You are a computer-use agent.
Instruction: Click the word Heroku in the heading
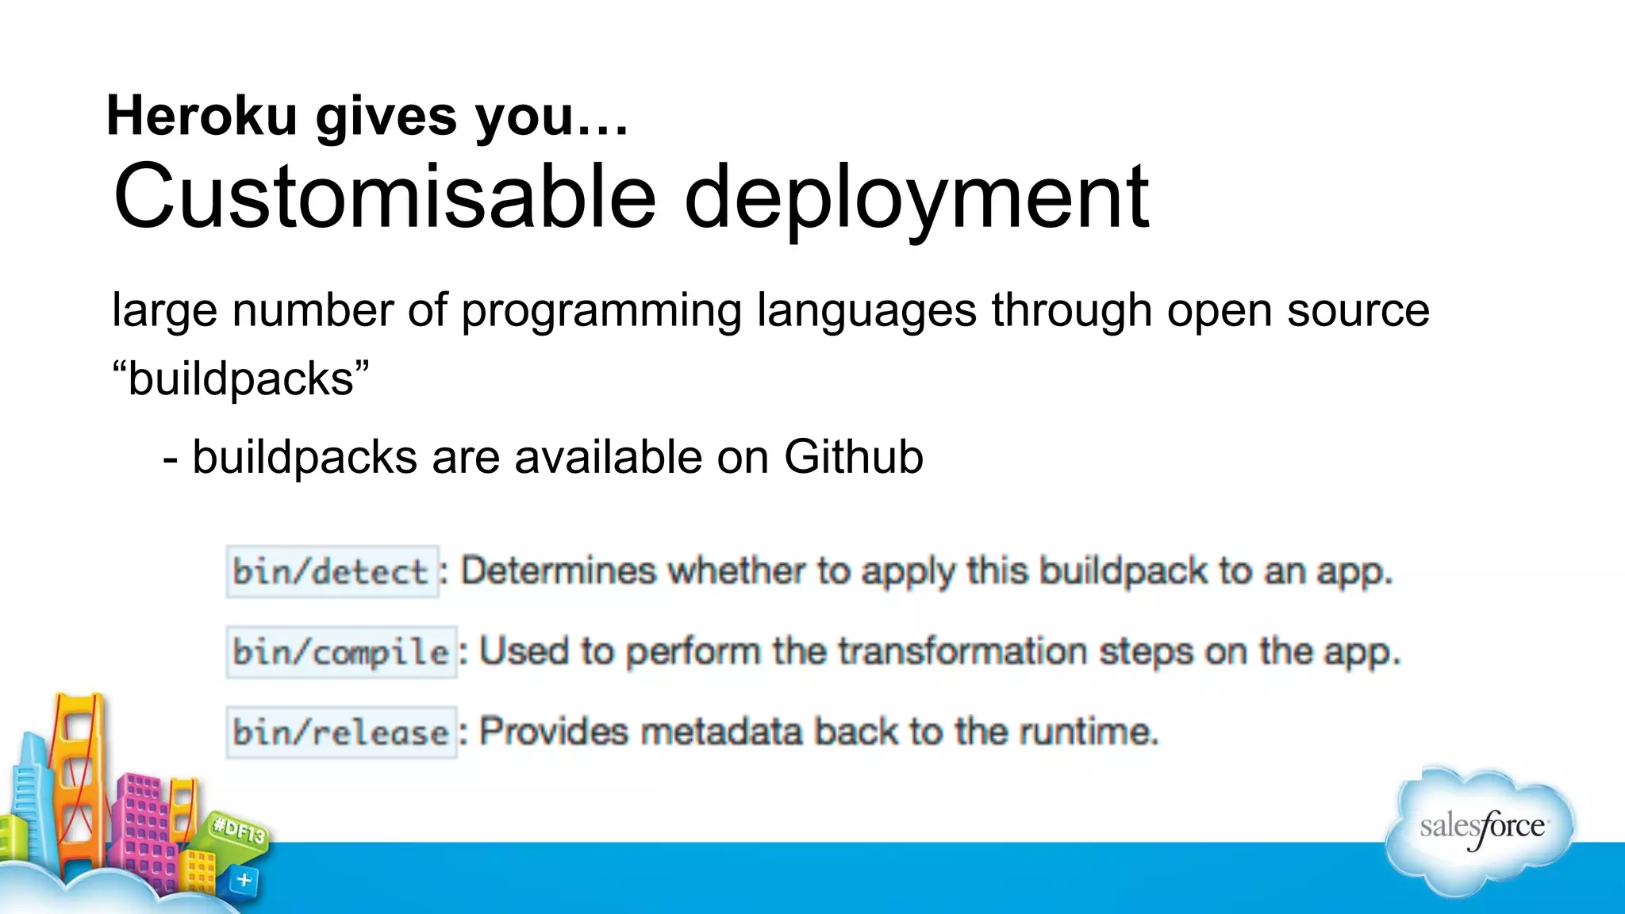coord(202,116)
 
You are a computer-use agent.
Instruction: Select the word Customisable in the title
coord(384,197)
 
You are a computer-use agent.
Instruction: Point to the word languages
coord(866,310)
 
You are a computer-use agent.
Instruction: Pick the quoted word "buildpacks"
coord(240,378)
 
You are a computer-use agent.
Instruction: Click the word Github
coord(854,457)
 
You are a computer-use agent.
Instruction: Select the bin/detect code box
coord(332,571)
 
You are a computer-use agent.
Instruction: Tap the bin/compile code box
coord(341,652)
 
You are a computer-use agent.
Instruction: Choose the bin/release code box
coord(341,732)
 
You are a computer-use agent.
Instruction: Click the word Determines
coord(559,571)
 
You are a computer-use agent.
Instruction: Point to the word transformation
coord(962,652)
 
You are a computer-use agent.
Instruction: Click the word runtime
coord(1088,732)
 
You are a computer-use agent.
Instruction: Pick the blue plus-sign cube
coord(244,881)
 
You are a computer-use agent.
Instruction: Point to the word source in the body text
coord(1358,310)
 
